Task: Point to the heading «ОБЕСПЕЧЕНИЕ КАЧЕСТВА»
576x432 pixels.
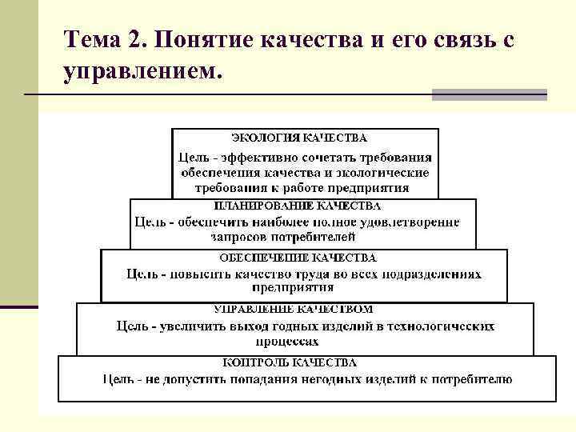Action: [298, 258]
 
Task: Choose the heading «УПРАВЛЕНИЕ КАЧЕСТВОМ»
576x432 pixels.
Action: [294, 309]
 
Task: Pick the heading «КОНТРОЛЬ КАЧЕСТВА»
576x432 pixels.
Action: [301, 362]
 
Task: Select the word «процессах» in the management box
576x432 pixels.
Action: [305, 340]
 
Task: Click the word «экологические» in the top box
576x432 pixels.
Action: [384, 173]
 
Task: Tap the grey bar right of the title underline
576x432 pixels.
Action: [490, 95]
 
